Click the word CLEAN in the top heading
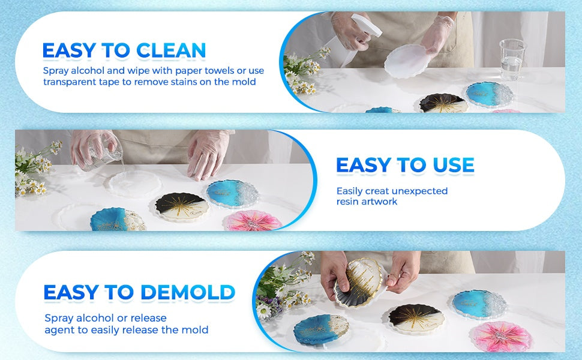[x=171, y=50]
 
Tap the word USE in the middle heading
[x=453, y=165]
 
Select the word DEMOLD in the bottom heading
[x=188, y=292]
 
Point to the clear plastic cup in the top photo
[x=512, y=59]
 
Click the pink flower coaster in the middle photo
[x=253, y=221]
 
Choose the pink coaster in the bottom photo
[x=500, y=337]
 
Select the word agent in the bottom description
[x=59, y=331]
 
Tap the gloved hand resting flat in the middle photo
[x=208, y=154]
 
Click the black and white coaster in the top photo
[x=443, y=103]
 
